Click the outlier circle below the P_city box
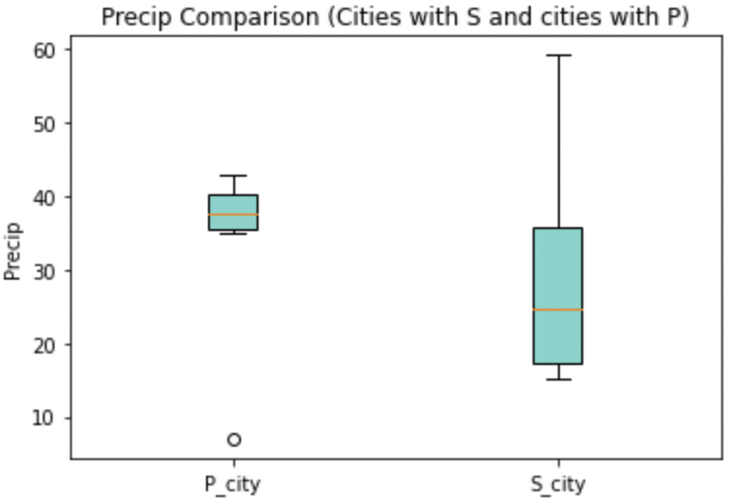coord(233,440)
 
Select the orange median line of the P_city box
coord(233,215)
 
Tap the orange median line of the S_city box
coord(558,310)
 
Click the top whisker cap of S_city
coord(558,55)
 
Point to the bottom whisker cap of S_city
coord(558,379)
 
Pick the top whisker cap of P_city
coord(233,176)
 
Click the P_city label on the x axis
coord(233,482)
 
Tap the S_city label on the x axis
coord(558,482)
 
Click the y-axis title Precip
coord(13,254)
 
